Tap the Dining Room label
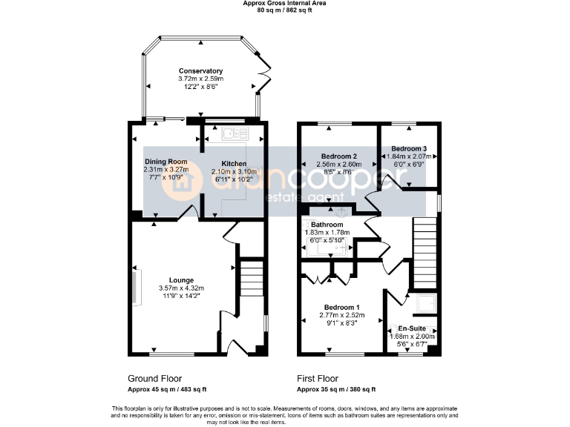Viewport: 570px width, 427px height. pyautogui.click(x=166, y=162)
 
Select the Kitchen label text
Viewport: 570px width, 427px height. pyautogui.click(x=234, y=162)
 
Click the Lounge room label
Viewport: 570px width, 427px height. pyautogui.click(x=181, y=280)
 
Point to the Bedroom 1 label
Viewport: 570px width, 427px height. pyautogui.click(x=342, y=307)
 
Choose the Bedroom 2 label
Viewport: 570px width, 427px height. pyautogui.click(x=340, y=156)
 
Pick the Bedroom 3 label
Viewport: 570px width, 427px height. pyautogui.click(x=409, y=148)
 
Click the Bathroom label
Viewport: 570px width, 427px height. pyautogui.click(x=327, y=225)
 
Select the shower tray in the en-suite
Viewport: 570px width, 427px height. pyautogui.click(x=426, y=302)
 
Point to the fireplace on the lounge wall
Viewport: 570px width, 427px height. pyautogui.click(x=136, y=288)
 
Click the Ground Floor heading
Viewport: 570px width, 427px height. pyautogui.click(x=154, y=379)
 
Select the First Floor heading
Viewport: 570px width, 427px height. pyautogui.click(x=317, y=379)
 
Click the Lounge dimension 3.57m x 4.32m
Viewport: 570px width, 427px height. pyautogui.click(x=181, y=288)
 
